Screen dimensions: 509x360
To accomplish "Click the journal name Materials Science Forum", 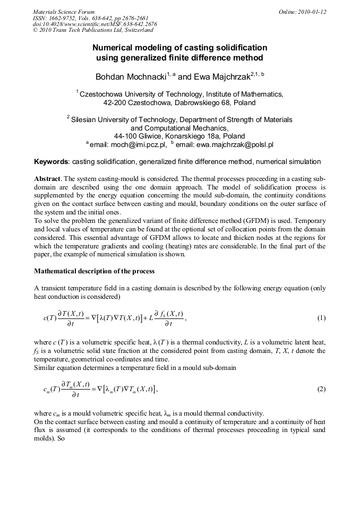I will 63,12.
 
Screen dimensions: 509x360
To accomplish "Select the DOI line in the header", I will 95,24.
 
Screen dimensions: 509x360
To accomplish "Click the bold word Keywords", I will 52,161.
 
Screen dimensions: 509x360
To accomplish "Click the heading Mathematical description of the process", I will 94,271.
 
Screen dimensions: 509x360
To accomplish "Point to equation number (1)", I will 321,318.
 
